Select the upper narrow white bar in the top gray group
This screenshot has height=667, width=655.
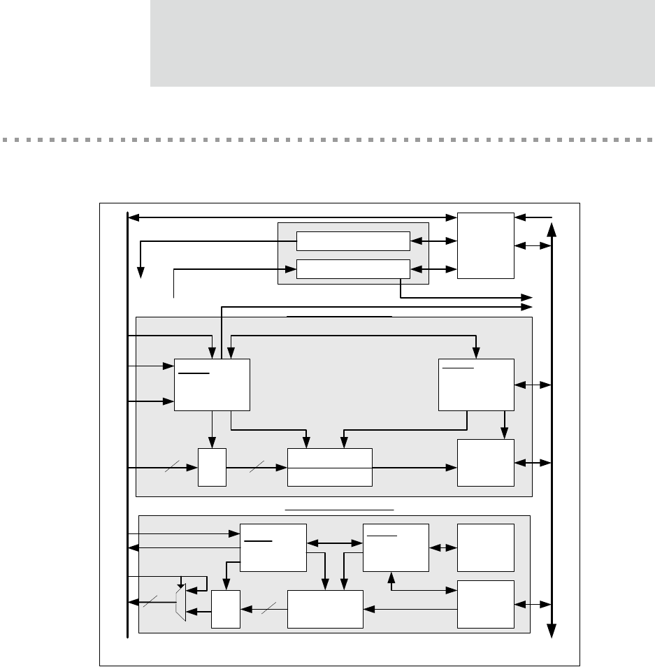(353, 241)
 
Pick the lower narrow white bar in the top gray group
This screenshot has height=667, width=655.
(353, 268)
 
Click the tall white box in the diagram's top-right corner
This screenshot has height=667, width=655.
(485, 245)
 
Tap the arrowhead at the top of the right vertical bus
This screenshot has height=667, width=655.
(552, 229)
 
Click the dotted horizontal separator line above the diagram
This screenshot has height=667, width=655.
(327, 140)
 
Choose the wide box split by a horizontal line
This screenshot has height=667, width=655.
(330, 467)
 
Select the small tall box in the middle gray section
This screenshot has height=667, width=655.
(212, 467)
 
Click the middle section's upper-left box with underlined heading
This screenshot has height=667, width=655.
(212, 385)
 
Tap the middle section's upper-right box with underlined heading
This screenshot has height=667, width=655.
(476, 385)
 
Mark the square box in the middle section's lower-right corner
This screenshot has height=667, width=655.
(485, 463)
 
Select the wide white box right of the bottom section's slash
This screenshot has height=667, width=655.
(325, 609)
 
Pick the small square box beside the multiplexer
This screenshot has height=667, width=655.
(226, 609)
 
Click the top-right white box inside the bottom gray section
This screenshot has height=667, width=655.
(485, 547)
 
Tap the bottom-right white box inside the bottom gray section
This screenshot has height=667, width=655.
(485, 604)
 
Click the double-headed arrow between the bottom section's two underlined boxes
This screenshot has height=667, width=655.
(335, 542)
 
